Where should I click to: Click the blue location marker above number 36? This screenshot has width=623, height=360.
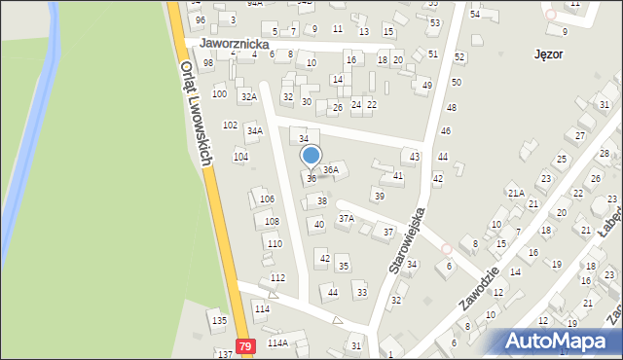tap(311, 156)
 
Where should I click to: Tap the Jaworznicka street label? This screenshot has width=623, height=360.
tap(234, 44)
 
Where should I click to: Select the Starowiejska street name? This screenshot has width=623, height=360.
tap(409, 237)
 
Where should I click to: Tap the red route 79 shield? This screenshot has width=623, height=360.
tap(245, 346)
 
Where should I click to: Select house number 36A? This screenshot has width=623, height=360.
tap(331, 169)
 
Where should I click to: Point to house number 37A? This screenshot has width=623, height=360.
tap(346, 218)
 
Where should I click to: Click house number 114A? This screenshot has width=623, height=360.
tap(278, 343)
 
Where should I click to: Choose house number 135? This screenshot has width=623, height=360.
tap(219, 320)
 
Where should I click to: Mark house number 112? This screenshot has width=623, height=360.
tap(277, 278)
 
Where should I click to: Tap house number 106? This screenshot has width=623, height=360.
tap(267, 198)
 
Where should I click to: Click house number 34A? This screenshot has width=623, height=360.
tap(254, 130)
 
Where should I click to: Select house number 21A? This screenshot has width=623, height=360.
tap(516, 193)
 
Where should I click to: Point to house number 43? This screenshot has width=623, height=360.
tap(415, 157)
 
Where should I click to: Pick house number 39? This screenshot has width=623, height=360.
tap(379, 196)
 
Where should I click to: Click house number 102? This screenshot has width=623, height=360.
tap(230, 125)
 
